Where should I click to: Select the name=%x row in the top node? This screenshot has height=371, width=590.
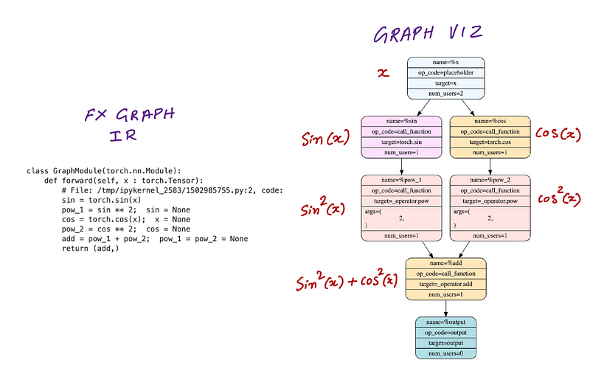(446, 63)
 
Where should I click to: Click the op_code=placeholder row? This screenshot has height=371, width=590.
(446, 74)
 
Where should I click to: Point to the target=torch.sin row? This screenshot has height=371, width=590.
(400, 142)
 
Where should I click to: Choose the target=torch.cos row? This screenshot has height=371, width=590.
(490, 142)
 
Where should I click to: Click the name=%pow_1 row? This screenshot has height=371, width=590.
(400, 180)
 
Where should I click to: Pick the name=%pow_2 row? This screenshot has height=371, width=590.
(490, 180)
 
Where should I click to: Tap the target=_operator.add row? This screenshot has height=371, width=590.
(446, 284)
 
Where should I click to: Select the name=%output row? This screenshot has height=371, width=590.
(446, 322)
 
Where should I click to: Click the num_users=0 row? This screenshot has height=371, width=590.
(446, 353)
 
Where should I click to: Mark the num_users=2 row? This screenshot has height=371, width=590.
(446, 94)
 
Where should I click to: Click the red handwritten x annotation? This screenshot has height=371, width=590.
(383, 74)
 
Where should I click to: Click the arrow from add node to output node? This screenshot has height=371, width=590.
(446, 308)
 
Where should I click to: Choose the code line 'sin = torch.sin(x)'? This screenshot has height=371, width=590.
(101, 200)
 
